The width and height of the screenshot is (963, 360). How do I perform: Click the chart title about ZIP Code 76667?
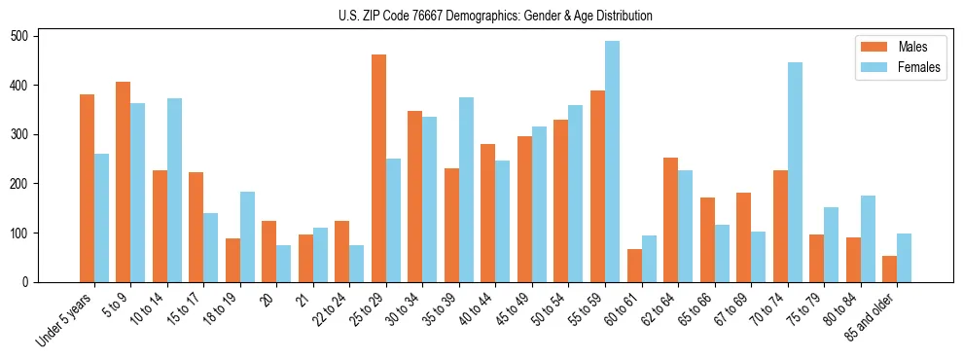(x=481, y=16)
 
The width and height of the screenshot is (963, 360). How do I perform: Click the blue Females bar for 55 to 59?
(x=612, y=162)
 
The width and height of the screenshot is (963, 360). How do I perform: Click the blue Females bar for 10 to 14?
(x=174, y=190)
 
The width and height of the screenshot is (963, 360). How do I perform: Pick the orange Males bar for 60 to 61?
(x=634, y=266)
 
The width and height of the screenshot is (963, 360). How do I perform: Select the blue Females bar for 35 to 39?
(x=466, y=190)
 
